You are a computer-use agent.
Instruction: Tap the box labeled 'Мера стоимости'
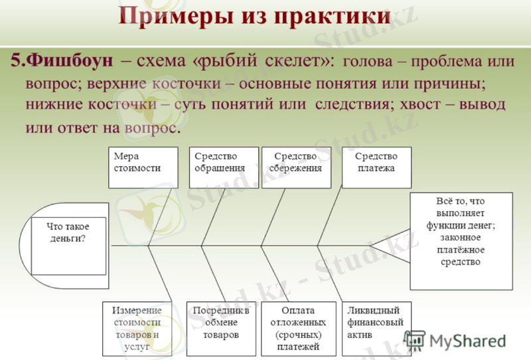(143, 167)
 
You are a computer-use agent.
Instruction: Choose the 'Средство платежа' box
(376, 167)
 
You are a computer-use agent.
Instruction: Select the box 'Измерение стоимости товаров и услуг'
(137, 328)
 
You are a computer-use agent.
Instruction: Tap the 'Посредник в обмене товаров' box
(220, 328)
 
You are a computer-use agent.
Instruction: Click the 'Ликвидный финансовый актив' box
(376, 328)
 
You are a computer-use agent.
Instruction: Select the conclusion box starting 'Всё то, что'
(461, 240)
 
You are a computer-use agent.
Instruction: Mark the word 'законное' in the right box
(461, 238)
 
